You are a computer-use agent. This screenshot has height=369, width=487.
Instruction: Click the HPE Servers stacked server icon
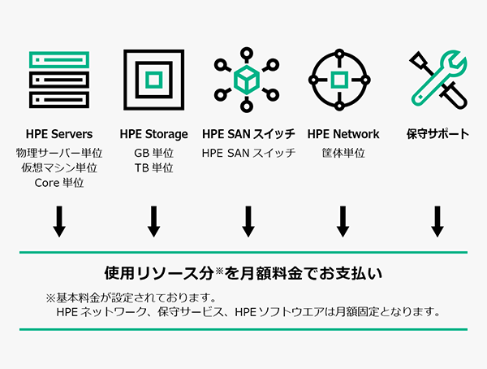pos(59,80)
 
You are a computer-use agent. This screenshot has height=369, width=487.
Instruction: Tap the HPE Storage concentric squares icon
pos(153,80)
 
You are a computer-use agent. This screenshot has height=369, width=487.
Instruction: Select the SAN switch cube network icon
pos(248,80)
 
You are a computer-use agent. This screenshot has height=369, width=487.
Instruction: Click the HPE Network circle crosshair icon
pos(343,80)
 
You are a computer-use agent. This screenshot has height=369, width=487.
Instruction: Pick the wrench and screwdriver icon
pos(437,80)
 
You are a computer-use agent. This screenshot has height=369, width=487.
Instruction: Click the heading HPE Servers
pos(59,134)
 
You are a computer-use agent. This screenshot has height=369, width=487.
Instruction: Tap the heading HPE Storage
pos(153,134)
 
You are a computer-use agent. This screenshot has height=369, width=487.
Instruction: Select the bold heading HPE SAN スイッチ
pos(248,134)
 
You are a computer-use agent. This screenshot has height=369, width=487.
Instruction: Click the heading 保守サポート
pos(437,134)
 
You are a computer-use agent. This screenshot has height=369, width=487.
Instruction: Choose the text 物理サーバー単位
pos(59,153)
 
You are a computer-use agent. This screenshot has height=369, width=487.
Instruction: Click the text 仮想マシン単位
pos(59,168)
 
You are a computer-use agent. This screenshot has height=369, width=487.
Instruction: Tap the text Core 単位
pos(59,184)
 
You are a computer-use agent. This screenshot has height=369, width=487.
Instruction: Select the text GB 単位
pos(153,153)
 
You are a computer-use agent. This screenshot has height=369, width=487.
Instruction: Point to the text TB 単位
pos(153,168)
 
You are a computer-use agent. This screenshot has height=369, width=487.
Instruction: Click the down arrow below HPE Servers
pos(59,221)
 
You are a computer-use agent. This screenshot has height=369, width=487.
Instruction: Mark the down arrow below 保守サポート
pos(437,221)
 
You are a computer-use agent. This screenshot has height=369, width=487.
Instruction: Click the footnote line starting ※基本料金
pos(130,296)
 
